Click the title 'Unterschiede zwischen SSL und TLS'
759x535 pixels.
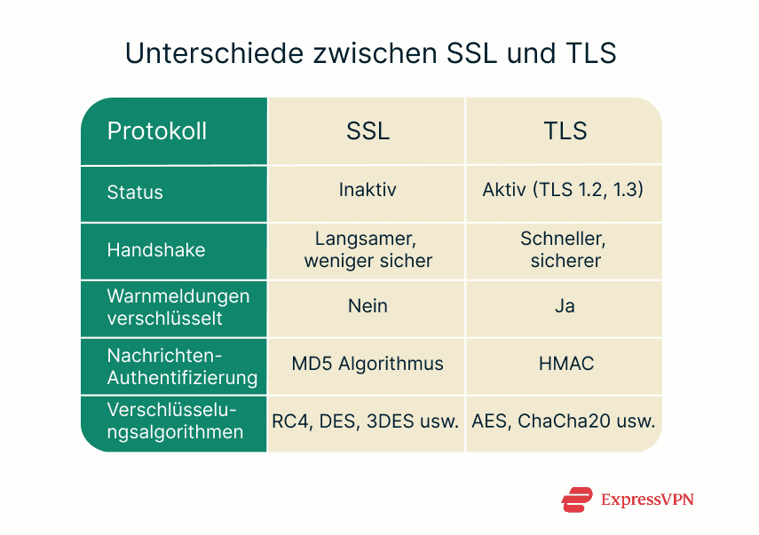coord(370,53)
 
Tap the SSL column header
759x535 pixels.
coord(368,131)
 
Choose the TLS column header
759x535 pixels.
coord(565,131)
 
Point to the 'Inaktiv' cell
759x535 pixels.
coord(368,191)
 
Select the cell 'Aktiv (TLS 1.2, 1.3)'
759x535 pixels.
coord(564,191)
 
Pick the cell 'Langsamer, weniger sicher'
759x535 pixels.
coord(368,249)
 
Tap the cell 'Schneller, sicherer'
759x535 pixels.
coord(565,249)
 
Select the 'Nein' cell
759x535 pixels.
coord(368,306)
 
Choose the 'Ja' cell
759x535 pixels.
coord(565,306)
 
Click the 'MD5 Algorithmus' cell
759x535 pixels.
coord(368,364)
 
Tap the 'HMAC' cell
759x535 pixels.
coord(565,364)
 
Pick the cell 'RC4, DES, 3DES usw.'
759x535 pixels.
coord(366,421)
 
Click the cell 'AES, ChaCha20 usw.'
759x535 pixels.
coord(564,421)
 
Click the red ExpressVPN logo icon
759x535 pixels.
coord(576,500)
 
